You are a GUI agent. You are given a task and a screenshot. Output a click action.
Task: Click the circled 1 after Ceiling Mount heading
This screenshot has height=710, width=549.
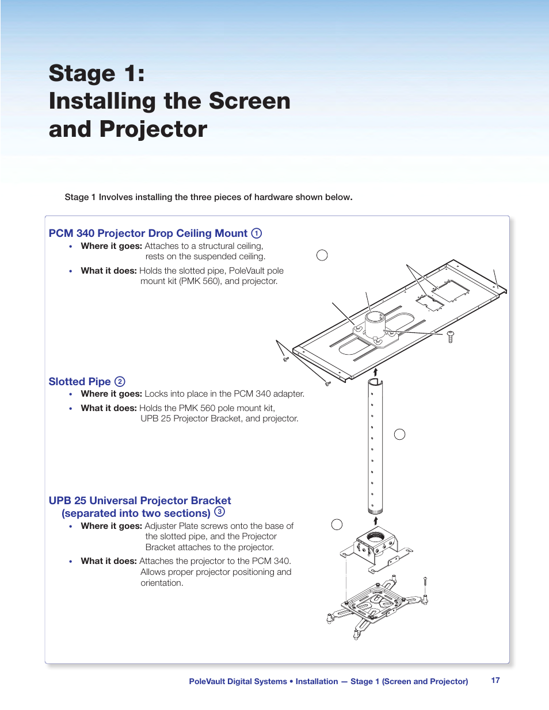click(257, 233)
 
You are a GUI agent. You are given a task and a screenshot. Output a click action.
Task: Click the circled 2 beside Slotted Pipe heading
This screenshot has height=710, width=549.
click(120, 382)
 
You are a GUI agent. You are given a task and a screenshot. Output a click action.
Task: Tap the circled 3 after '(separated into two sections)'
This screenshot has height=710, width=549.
click(219, 512)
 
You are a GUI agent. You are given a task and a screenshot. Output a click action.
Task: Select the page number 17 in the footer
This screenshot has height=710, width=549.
click(495, 680)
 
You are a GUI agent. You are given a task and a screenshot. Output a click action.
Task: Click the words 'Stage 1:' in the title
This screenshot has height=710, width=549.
click(97, 74)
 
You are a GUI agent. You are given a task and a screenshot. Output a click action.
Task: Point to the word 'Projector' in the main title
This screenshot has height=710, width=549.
click(153, 129)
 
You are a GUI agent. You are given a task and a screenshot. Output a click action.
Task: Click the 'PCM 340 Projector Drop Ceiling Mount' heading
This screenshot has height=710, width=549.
click(148, 233)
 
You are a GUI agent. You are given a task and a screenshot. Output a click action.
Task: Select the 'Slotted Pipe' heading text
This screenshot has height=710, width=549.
click(79, 382)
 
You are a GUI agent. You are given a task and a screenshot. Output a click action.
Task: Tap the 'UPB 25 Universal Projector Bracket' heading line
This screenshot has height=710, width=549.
click(140, 501)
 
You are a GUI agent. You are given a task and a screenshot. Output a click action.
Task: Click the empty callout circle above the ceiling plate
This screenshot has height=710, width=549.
click(322, 255)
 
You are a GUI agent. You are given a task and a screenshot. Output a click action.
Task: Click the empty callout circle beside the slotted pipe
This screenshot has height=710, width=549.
click(400, 435)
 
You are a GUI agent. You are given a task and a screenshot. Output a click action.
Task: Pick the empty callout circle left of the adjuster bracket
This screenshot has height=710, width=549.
click(337, 524)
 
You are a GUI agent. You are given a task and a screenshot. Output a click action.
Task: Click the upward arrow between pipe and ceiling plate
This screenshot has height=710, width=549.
click(375, 372)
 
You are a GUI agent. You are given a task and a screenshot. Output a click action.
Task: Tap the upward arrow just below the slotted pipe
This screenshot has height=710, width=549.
click(376, 521)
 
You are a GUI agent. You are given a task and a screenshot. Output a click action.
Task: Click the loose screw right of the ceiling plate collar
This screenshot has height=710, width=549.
click(450, 336)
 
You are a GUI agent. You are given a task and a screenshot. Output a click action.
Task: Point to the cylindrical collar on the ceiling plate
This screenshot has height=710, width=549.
click(375, 324)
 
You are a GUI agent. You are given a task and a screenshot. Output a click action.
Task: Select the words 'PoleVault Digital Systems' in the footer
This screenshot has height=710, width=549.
click(238, 681)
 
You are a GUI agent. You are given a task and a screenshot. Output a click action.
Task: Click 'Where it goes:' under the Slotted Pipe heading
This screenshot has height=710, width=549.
click(111, 394)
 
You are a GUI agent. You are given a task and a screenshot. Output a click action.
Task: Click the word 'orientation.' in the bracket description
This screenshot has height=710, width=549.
click(162, 583)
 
